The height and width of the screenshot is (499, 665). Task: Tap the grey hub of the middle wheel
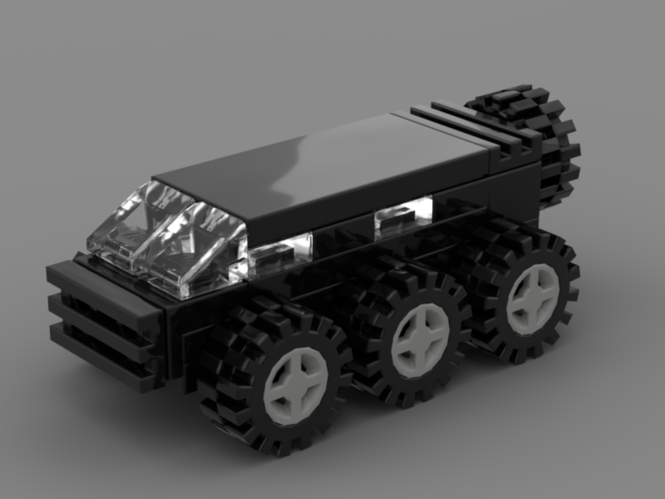click(x=420, y=340)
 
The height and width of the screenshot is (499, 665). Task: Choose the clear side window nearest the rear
click(x=402, y=216)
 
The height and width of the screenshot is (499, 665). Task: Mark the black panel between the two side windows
click(x=342, y=233)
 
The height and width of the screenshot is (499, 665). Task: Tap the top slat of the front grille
click(x=100, y=279)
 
